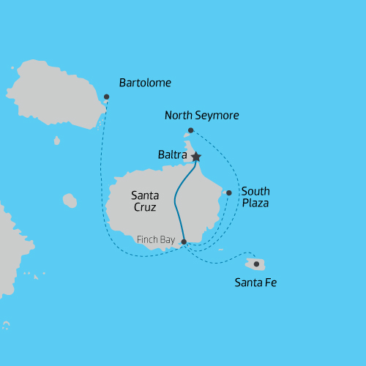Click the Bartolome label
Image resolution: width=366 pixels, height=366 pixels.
click(145, 83)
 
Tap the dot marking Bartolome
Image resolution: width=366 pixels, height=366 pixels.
click(107, 97)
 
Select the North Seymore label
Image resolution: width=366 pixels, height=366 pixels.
click(202, 116)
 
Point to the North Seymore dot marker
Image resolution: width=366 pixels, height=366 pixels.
click(190, 130)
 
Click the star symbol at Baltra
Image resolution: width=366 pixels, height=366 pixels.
click(195, 156)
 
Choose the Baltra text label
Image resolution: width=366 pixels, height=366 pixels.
click(173, 155)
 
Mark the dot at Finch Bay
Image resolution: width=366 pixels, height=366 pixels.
click(184, 242)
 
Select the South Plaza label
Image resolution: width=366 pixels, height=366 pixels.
click(255, 197)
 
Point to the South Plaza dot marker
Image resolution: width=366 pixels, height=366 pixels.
click(229, 193)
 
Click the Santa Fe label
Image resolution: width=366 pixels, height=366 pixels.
click(255, 282)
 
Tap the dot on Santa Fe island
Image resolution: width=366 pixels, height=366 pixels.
click(256, 264)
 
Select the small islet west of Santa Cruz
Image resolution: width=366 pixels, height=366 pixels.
click(70, 200)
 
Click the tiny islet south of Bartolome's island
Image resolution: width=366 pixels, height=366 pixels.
click(56, 140)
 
